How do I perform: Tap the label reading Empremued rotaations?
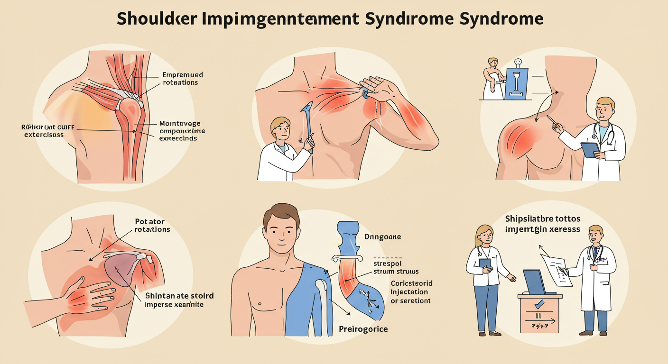pyautogui.click(x=182, y=78)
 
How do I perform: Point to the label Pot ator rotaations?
pyautogui.click(x=149, y=225)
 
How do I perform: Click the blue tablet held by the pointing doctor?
pyautogui.click(x=590, y=149)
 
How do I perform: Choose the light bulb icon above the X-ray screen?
pyautogui.click(x=518, y=62)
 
